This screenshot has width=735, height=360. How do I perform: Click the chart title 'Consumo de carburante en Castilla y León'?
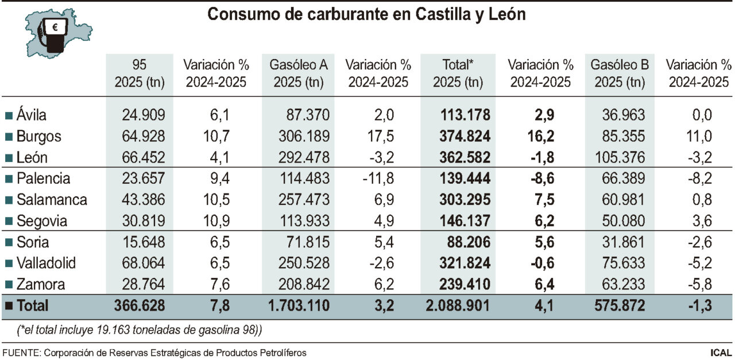pyautogui.click(x=366, y=15)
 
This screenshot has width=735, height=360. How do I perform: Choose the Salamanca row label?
pyautogui.click(x=52, y=200)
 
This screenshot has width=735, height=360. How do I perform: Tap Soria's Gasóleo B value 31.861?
pyautogui.click(x=622, y=242)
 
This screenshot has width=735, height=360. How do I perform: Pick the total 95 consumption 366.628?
pyautogui.click(x=140, y=306)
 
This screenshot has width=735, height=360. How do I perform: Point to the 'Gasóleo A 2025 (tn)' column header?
pyautogui.click(x=299, y=73)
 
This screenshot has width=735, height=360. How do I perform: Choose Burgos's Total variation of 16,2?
pyautogui.click(x=540, y=137)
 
